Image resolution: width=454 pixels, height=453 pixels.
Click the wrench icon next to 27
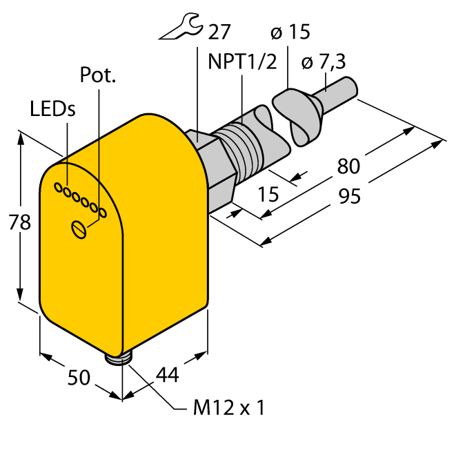point(179,26)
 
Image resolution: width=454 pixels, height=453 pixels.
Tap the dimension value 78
point(19,222)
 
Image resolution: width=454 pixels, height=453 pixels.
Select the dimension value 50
point(79,377)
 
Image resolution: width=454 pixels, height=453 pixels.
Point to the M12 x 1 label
point(229,408)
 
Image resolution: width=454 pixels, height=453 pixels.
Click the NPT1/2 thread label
point(242,61)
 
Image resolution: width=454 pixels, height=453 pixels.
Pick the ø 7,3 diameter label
point(324,61)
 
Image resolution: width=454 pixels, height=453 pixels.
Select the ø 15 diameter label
point(290,32)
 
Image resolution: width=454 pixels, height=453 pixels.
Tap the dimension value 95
point(350,196)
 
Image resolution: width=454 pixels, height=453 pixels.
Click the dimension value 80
point(348,166)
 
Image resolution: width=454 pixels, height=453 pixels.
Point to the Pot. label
point(97,75)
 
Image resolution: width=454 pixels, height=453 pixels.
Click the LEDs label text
point(52,109)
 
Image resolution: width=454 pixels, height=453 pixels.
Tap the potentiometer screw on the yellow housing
point(79,229)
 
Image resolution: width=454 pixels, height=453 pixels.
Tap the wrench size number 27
point(219,32)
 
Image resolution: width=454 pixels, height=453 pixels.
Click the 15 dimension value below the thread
point(268,194)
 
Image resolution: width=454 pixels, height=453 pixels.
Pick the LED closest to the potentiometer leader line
point(103,213)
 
